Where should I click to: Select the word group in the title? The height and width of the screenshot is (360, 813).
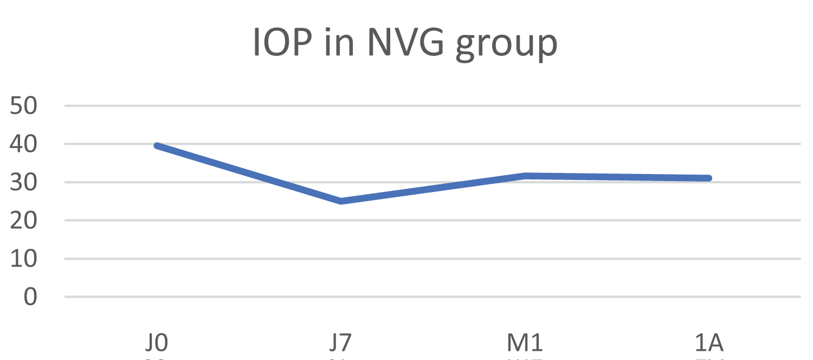[506, 46]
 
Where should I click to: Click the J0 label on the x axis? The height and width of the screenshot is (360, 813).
[157, 344]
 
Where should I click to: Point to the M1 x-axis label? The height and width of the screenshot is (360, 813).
[525, 344]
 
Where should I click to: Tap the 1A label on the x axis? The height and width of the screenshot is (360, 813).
[709, 344]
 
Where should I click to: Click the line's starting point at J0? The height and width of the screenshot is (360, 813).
[157, 146]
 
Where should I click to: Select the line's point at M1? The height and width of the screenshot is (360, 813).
[525, 176]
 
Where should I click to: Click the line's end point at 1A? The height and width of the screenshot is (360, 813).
[708, 178]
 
